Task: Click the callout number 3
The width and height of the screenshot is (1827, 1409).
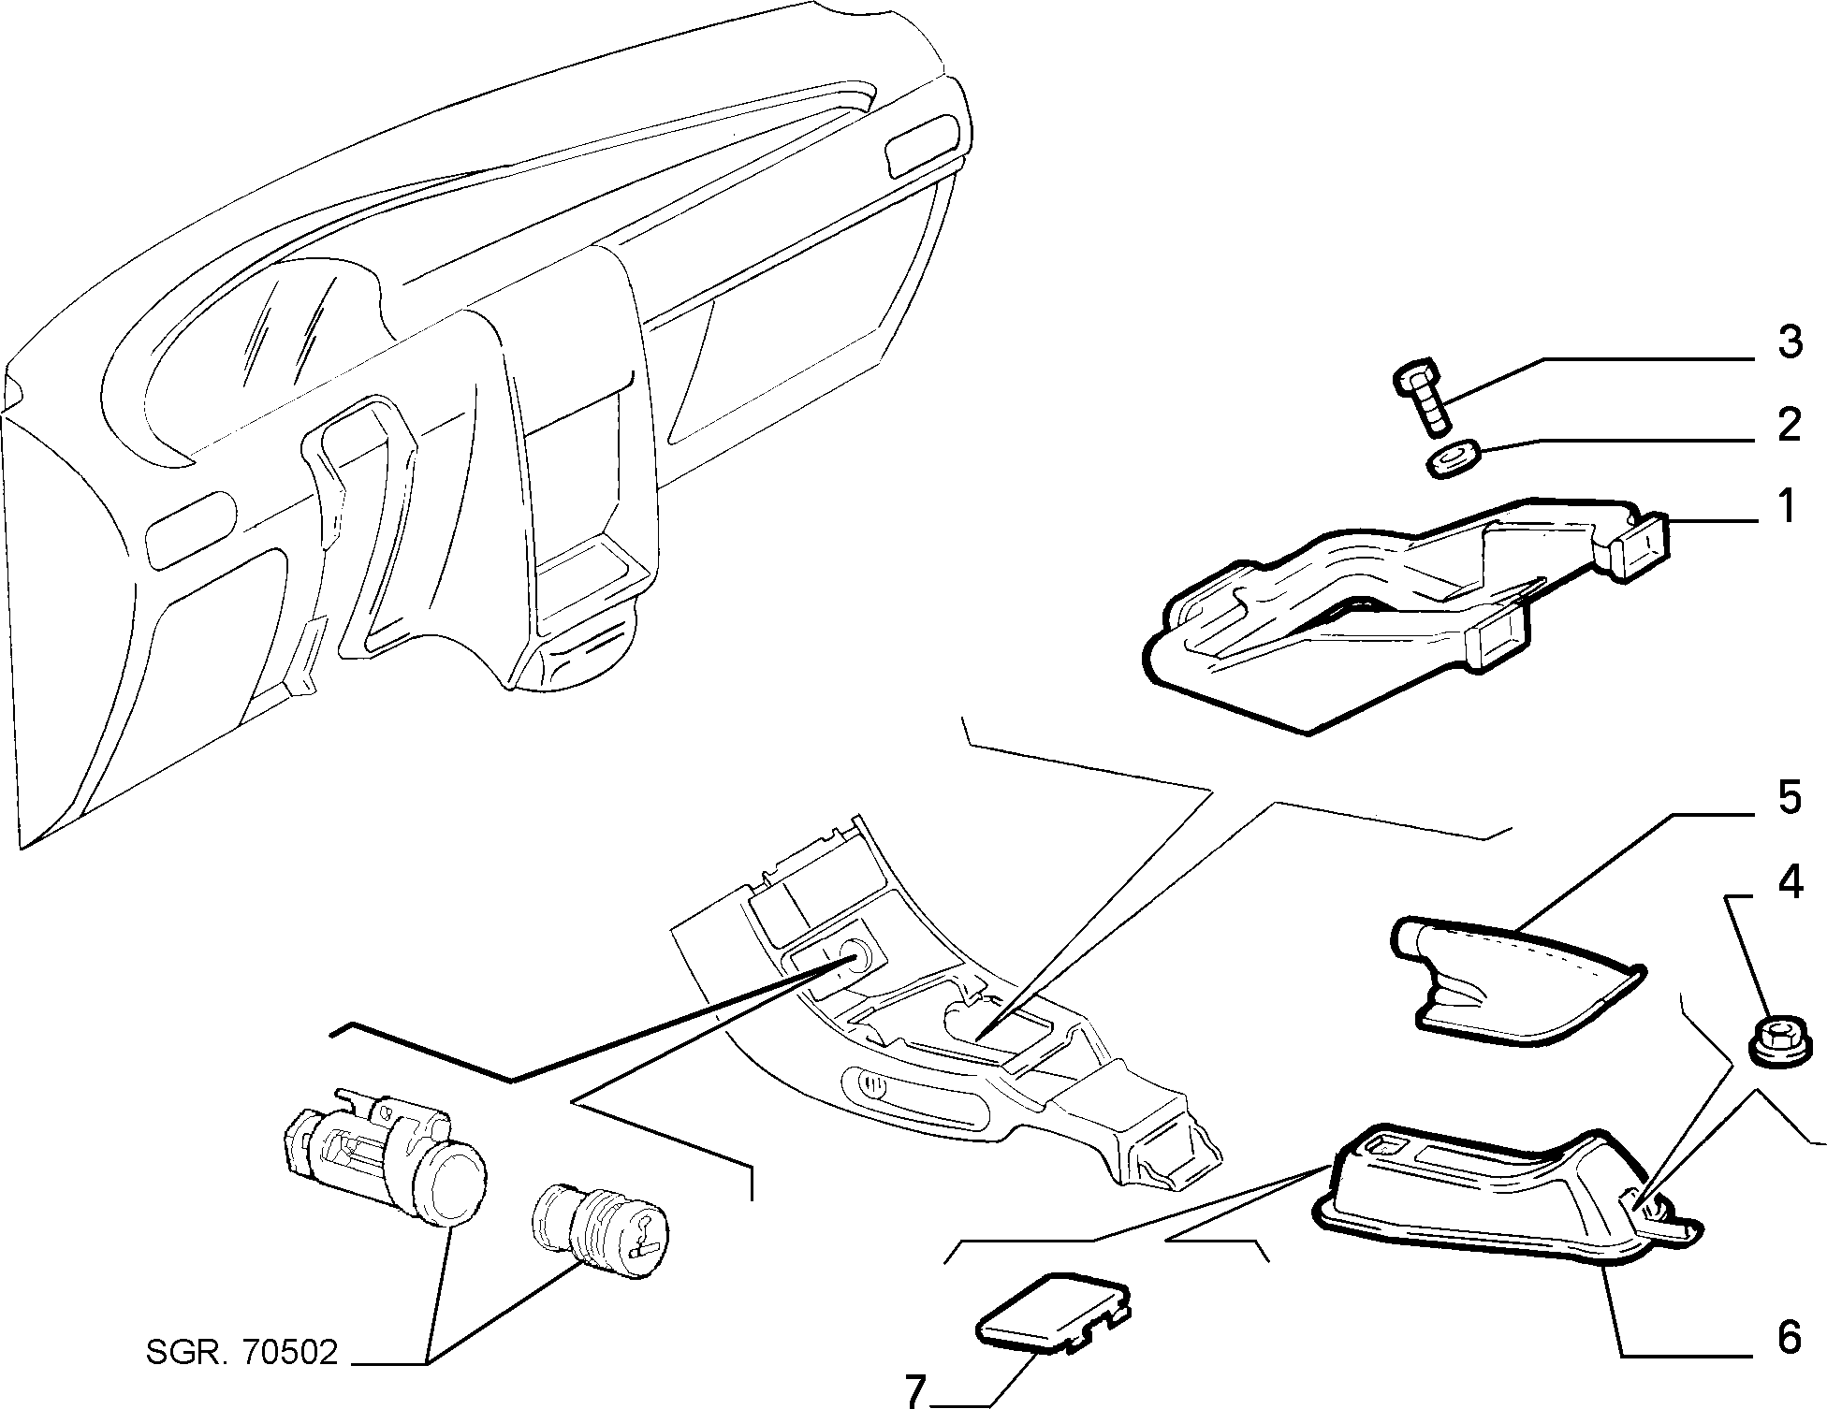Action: pyautogui.click(x=1789, y=342)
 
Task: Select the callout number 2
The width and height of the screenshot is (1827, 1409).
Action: pyautogui.click(x=1789, y=425)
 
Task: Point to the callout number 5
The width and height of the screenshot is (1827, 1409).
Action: pyautogui.click(x=1789, y=799)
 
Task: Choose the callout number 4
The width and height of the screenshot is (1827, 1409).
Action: pyautogui.click(x=1789, y=883)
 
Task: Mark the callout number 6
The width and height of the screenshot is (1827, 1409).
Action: pyautogui.click(x=1789, y=1338)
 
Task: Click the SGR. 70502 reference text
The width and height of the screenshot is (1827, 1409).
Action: pyautogui.click(x=241, y=1352)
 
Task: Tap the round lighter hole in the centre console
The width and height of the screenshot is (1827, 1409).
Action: pyautogui.click(x=855, y=957)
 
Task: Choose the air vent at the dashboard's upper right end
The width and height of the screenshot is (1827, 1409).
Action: pyautogui.click(x=922, y=145)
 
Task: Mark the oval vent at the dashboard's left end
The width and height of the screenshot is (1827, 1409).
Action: pyautogui.click(x=192, y=530)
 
